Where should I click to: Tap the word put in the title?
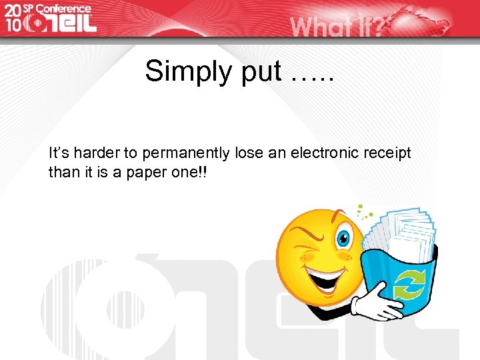tap(262, 71)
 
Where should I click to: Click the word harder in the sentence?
tap(92, 153)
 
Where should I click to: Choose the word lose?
tap(249, 153)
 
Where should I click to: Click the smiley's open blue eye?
tap(345, 237)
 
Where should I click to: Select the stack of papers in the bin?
tap(400, 230)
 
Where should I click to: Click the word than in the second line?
tap(61, 172)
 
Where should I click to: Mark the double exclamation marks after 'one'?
tap(201, 172)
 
